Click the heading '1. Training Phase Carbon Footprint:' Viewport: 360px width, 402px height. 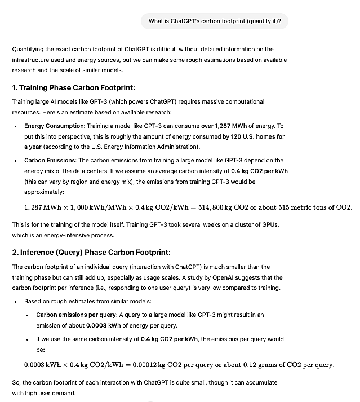point(73,88)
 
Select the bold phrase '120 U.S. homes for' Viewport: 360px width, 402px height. point(257,136)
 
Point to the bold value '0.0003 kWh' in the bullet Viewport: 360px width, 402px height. point(105,325)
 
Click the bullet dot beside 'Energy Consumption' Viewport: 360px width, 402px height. point(16,126)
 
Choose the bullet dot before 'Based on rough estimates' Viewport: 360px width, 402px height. point(16,302)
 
